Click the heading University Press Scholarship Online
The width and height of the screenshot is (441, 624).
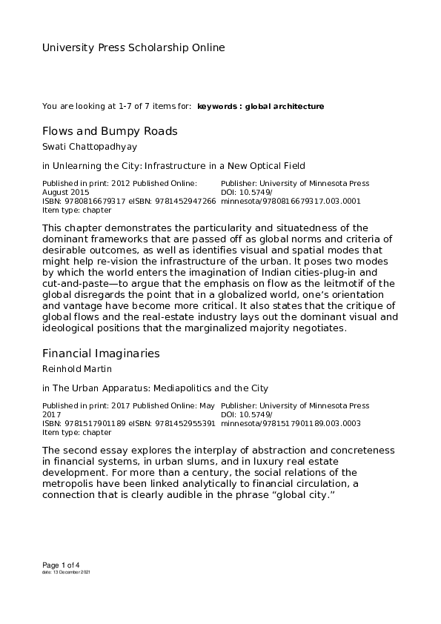click(x=133, y=48)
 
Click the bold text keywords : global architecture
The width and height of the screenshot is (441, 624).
click(x=261, y=107)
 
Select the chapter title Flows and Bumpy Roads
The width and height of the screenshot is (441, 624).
click(x=110, y=131)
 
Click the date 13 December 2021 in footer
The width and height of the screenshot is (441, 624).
click(x=72, y=573)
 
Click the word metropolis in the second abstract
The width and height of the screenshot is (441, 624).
click(x=72, y=482)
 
